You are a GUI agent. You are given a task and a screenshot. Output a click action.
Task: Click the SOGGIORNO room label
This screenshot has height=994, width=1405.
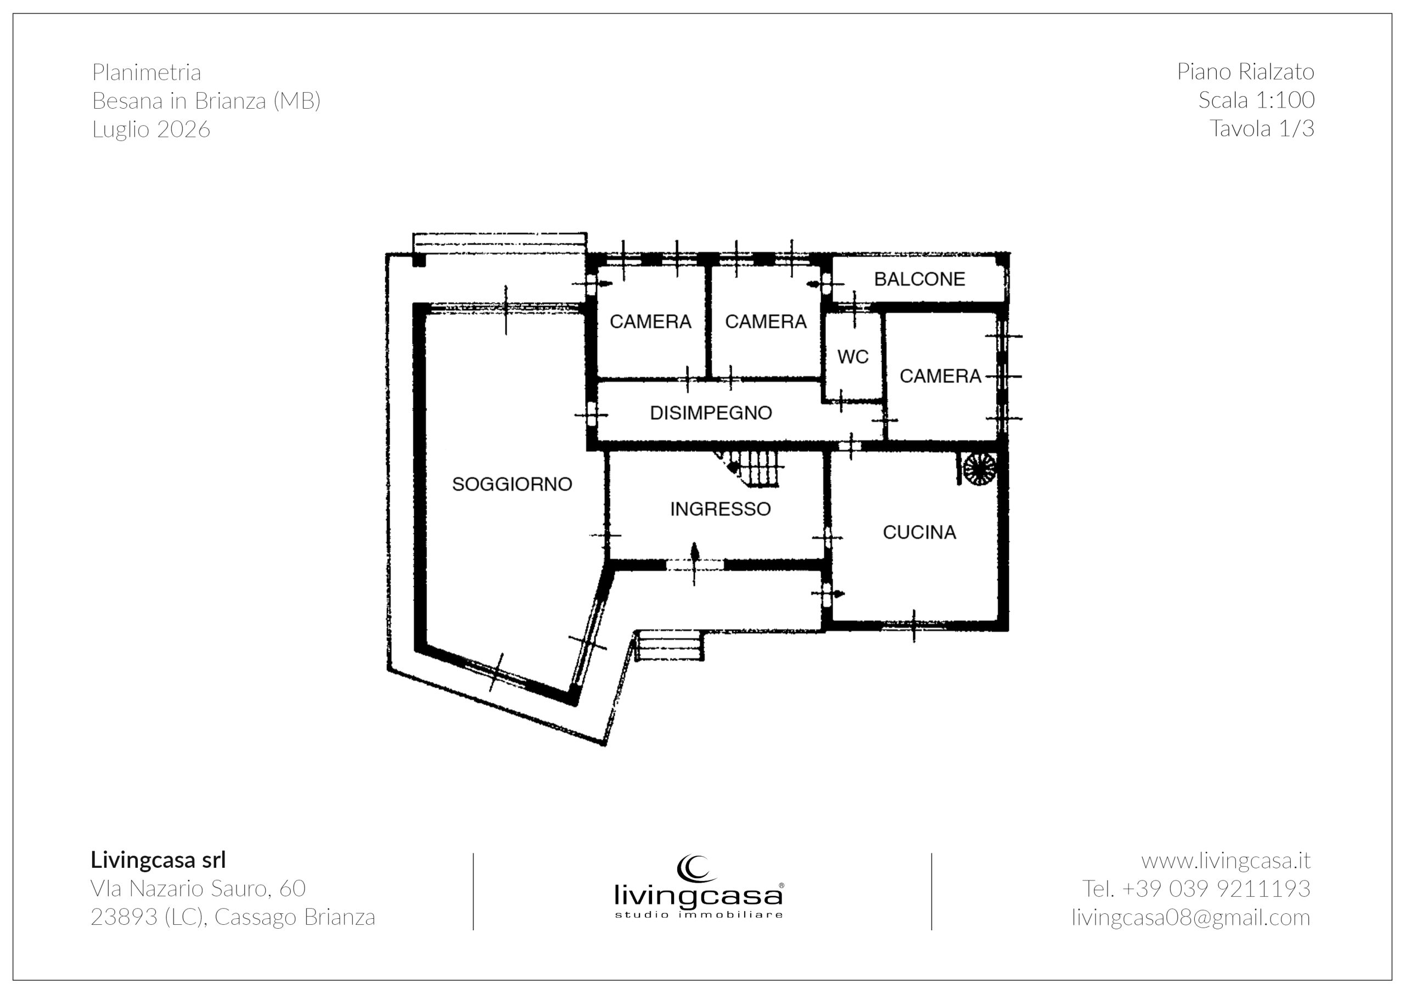coord(512,484)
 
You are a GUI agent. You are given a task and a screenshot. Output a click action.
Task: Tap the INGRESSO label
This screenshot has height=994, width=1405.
coord(720,509)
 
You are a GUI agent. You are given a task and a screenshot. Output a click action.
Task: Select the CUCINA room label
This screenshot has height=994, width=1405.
coord(919,532)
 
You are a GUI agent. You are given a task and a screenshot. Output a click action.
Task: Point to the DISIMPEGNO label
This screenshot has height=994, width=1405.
coord(711,413)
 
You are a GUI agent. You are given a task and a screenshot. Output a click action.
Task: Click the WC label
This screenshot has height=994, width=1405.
coord(853,356)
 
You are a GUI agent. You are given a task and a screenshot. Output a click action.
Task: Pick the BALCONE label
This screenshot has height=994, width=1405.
coord(919,279)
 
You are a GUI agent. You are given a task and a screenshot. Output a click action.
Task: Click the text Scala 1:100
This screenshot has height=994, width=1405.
coord(1256,100)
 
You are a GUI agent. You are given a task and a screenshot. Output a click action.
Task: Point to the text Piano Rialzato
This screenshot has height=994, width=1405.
coord(1246,71)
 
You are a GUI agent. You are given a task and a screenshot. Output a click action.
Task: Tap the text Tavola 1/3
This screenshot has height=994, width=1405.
coord(1262,128)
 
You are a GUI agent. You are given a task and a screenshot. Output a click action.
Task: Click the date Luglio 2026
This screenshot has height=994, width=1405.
coord(151,129)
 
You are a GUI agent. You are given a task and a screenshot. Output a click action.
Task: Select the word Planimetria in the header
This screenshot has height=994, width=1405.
coord(147,72)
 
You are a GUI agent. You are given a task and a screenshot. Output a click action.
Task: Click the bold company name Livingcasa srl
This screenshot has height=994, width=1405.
coord(159,860)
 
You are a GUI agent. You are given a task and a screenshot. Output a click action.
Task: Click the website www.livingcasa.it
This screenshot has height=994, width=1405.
coord(1226,861)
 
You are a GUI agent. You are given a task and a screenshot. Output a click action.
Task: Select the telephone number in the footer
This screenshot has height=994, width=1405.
coord(1196,889)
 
